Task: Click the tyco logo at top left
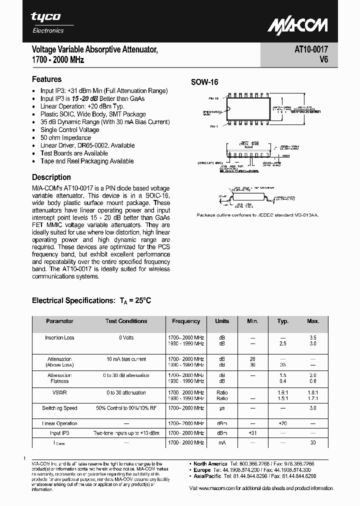[x=46, y=17]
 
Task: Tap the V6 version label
[x=323, y=59]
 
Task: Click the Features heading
[x=46, y=79]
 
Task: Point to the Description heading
[x=51, y=177]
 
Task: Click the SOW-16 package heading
[x=205, y=82]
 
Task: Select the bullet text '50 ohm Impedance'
[x=65, y=137]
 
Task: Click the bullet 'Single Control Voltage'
[x=69, y=129]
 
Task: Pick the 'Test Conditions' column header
[x=126, y=321]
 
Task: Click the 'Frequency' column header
[x=186, y=321]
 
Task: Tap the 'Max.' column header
[x=313, y=321]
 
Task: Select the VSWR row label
[x=59, y=392]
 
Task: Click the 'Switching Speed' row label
[x=59, y=408]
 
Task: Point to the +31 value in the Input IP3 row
[x=252, y=433]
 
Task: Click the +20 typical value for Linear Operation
[x=283, y=423]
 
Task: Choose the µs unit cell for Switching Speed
[x=222, y=408]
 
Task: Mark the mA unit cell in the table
[x=222, y=442]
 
